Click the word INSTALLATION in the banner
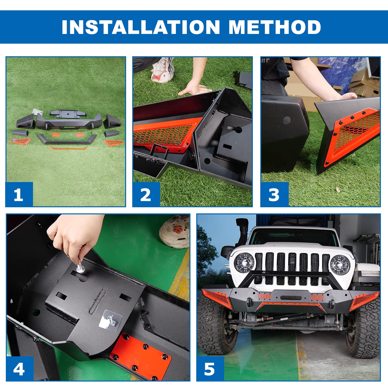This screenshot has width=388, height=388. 141,27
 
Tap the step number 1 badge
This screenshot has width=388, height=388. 19,194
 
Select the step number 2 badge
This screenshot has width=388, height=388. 146,194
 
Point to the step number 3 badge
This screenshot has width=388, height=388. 275,194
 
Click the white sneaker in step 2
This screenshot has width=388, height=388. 162,70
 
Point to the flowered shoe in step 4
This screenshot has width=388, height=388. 175,231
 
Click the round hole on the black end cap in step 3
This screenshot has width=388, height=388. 287,120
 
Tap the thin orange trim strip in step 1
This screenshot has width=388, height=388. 69,148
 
